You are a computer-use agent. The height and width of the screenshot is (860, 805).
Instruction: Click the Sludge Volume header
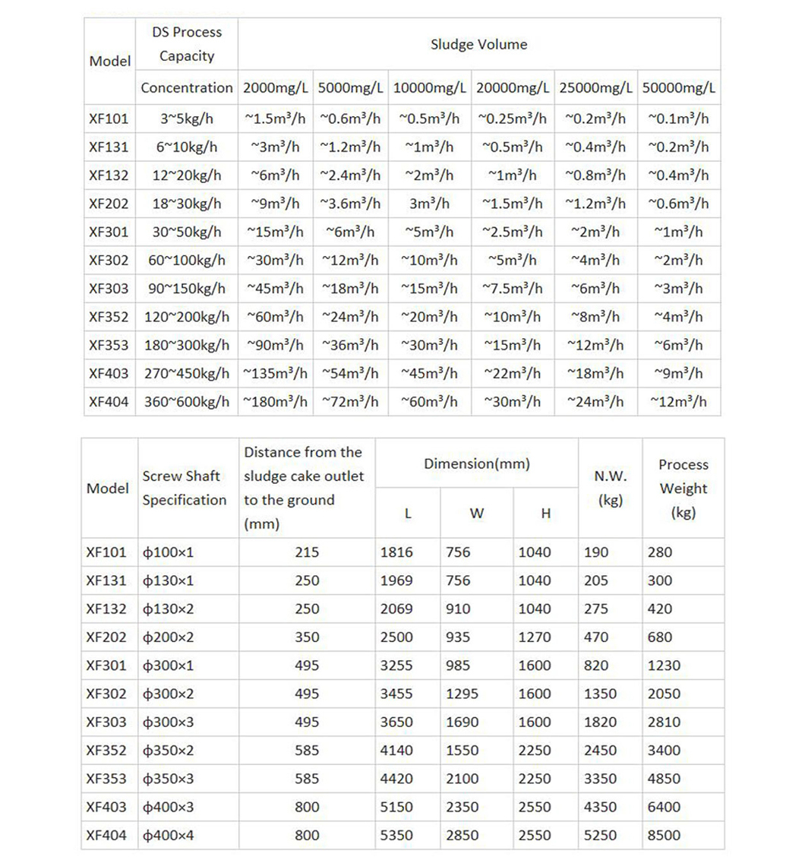click(x=478, y=44)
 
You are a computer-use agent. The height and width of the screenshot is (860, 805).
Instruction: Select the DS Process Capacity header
click(x=187, y=44)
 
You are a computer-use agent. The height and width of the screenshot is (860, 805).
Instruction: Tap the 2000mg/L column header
click(x=276, y=88)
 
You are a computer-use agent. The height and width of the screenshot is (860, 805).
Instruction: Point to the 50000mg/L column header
click(x=678, y=88)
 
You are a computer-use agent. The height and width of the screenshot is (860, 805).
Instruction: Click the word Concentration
click(x=187, y=88)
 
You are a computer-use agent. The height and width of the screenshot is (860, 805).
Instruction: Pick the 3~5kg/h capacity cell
click(x=187, y=119)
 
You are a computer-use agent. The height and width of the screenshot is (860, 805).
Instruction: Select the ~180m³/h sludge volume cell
click(x=276, y=402)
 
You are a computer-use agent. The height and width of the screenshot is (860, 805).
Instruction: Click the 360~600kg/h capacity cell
click(x=187, y=402)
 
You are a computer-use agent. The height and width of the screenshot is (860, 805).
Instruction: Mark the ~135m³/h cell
click(x=276, y=374)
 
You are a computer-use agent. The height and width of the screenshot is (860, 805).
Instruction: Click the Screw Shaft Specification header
click(x=185, y=488)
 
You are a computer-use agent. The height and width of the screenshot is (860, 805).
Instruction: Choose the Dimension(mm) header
click(x=477, y=463)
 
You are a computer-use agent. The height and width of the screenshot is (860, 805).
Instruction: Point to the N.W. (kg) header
click(x=611, y=488)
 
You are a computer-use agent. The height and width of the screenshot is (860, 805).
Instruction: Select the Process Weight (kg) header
click(x=683, y=488)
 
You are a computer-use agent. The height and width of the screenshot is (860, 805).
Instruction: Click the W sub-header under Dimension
click(x=476, y=513)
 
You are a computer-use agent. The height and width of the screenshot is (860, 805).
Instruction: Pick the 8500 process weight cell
click(x=660, y=835)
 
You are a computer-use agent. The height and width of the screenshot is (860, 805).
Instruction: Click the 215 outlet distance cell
click(x=307, y=552)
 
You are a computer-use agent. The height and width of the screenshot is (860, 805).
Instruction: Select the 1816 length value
click(x=396, y=552)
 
